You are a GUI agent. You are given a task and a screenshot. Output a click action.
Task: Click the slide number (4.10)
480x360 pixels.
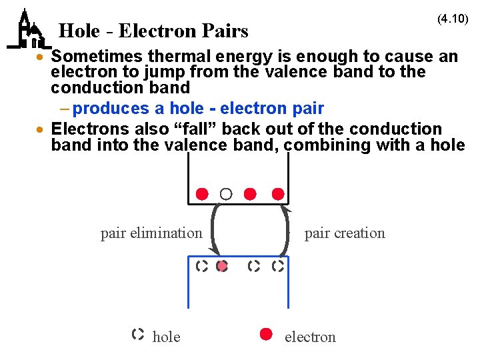[x=453, y=19]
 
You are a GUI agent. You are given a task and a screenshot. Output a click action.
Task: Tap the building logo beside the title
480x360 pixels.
[x=27, y=31]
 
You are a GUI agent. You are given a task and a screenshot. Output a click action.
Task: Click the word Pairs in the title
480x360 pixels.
[x=225, y=31]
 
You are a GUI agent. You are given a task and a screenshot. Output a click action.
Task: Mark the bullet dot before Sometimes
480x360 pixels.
[x=41, y=57]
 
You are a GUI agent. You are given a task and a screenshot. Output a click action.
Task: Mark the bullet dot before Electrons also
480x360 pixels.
[x=41, y=129]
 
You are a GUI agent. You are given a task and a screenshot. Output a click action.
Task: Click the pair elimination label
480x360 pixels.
[x=151, y=233]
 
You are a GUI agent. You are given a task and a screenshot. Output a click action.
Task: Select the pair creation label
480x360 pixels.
[x=345, y=233]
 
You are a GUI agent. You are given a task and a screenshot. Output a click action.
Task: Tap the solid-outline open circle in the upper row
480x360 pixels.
[x=226, y=194]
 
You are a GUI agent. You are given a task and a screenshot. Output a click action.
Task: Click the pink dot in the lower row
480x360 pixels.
[x=223, y=266]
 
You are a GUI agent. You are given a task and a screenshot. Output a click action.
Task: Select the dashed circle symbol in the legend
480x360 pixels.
[x=138, y=335]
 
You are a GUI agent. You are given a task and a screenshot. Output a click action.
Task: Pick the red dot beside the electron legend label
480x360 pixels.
[x=266, y=335]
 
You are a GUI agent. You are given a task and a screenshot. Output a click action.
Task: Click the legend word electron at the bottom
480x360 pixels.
[x=310, y=337]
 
